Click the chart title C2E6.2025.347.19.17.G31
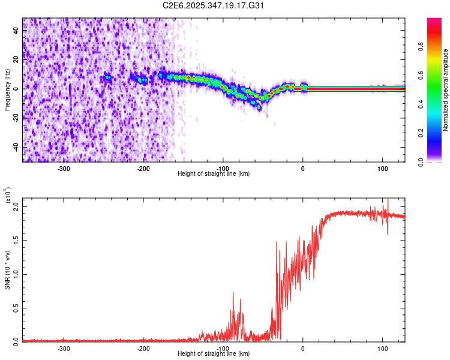214,5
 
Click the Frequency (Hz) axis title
7,90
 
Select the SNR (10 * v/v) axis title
7,269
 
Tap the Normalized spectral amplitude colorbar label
446,90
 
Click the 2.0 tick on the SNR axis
17,206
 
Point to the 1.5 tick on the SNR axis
17,240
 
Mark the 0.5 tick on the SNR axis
17,308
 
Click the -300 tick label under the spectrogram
64,168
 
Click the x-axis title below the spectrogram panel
214,174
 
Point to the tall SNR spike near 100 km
388,202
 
